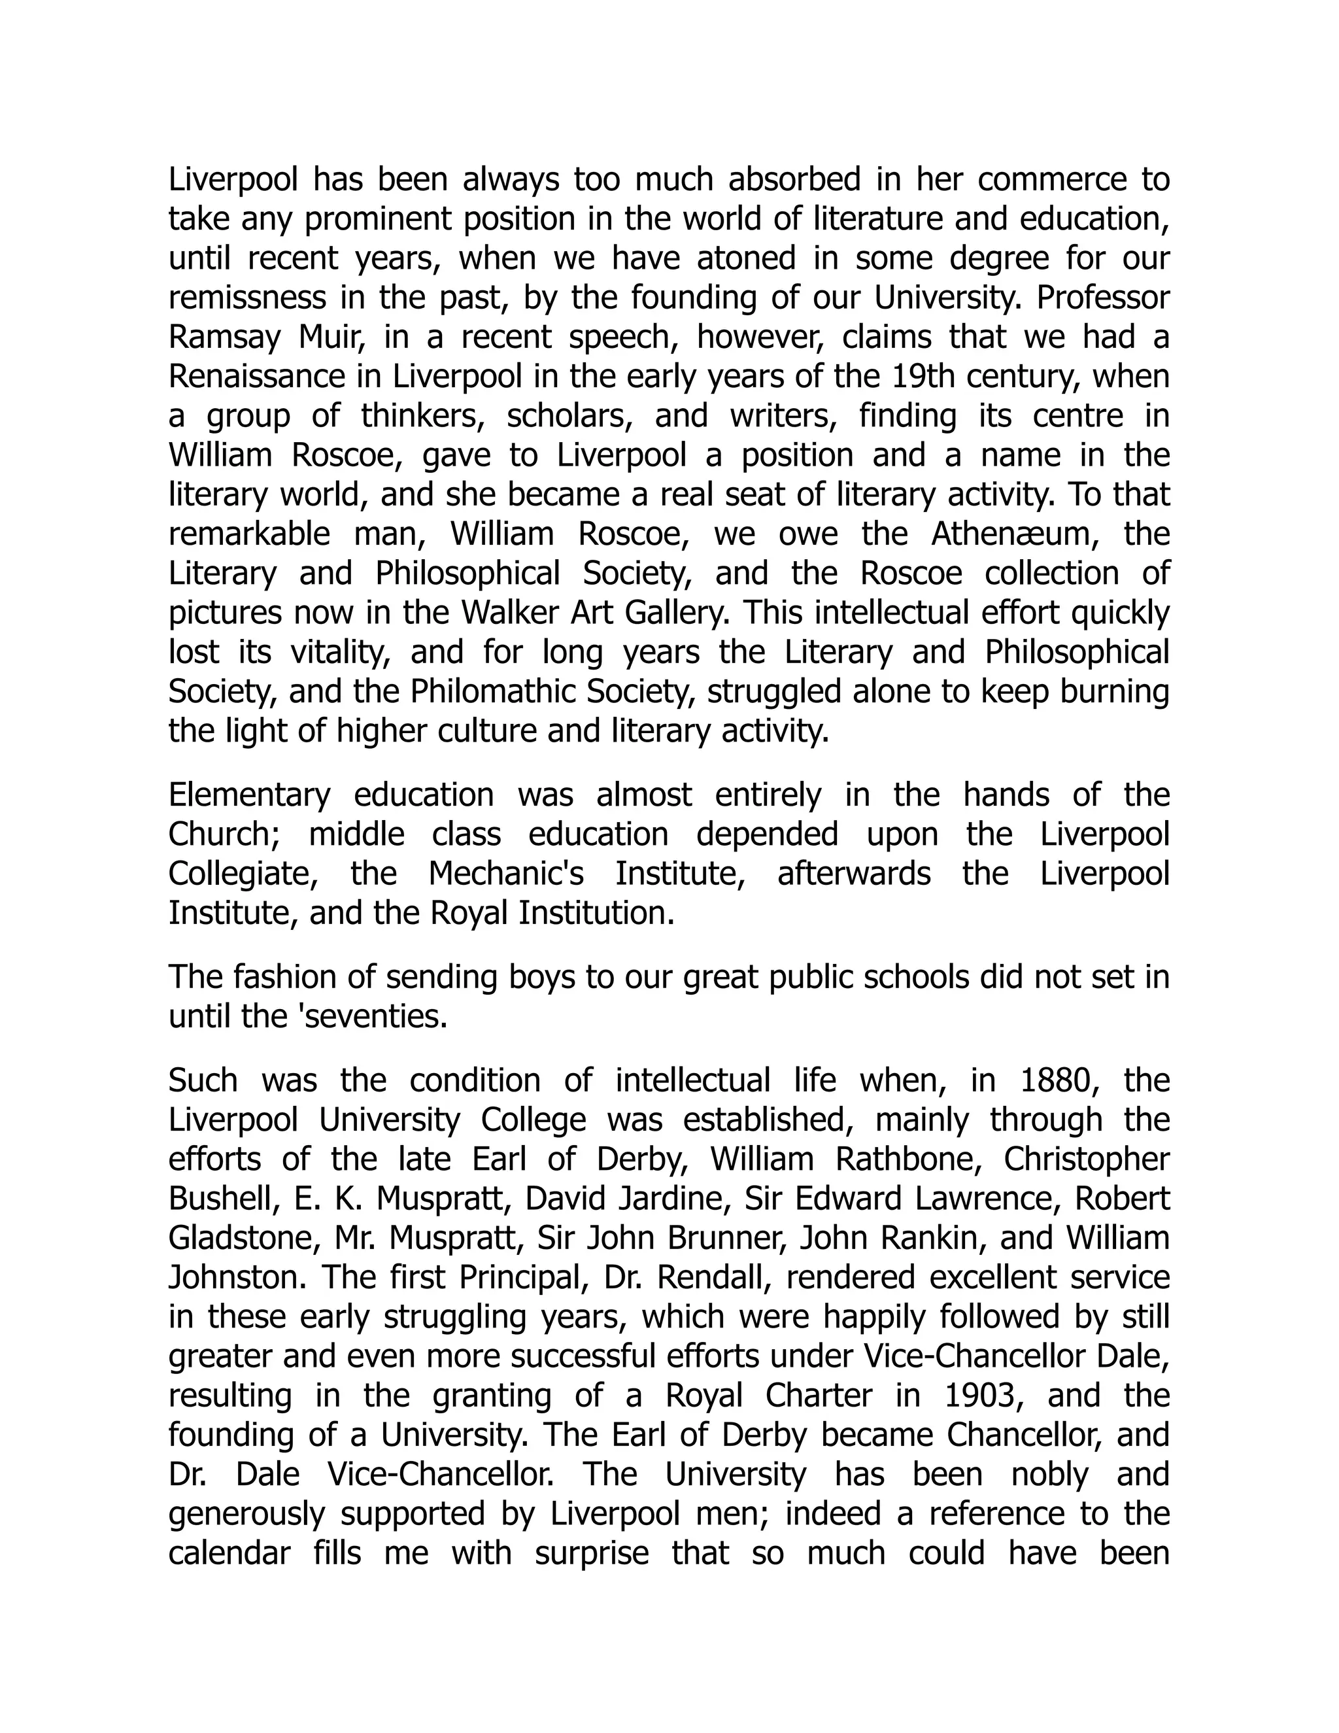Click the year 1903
click(x=982, y=1395)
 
